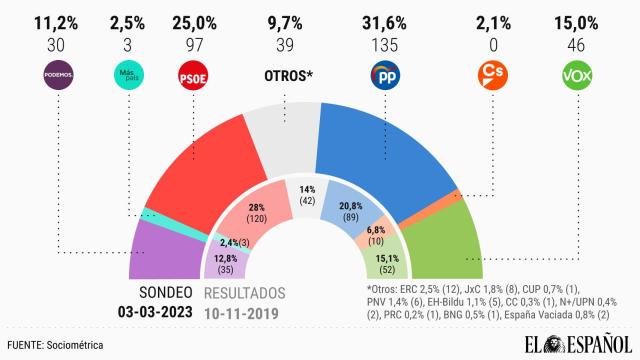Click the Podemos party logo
point(57,75)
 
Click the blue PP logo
point(388,75)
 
